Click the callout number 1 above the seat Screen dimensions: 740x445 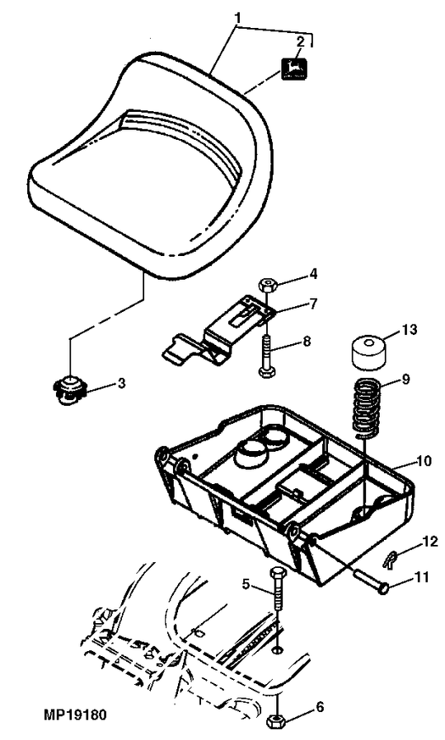pyautogui.click(x=238, y=17)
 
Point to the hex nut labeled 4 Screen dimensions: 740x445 pyautogui.click(x=266, y=285)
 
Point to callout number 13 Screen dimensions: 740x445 pyautogui.click(x=409, y=329)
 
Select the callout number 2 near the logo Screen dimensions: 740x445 pyautogui.click(x=300, y=41)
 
